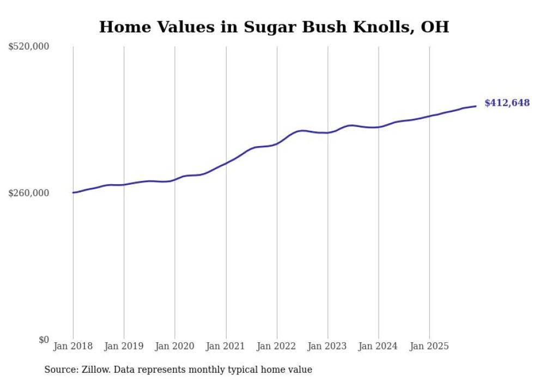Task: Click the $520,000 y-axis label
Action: coord(29,47)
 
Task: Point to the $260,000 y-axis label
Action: coord(29,193)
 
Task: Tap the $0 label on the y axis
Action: coord(44,340)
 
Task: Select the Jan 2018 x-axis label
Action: coord(73,346)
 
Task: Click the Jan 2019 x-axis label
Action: coord(124,346)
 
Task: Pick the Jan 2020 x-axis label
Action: coord(175,346)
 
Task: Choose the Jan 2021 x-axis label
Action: coord(226,346)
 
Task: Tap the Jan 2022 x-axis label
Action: coord(277,346)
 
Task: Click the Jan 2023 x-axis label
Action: coord(327,346)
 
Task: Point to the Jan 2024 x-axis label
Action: coord(379,346)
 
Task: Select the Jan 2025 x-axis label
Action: coord(429,346)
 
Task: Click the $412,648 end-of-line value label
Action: coord(507,103)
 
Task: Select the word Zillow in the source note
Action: coord(95,370)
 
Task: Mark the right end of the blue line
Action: coord(476,106)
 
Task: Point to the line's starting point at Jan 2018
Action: coord(73,192)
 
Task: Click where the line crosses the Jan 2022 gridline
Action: coord(277,144)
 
